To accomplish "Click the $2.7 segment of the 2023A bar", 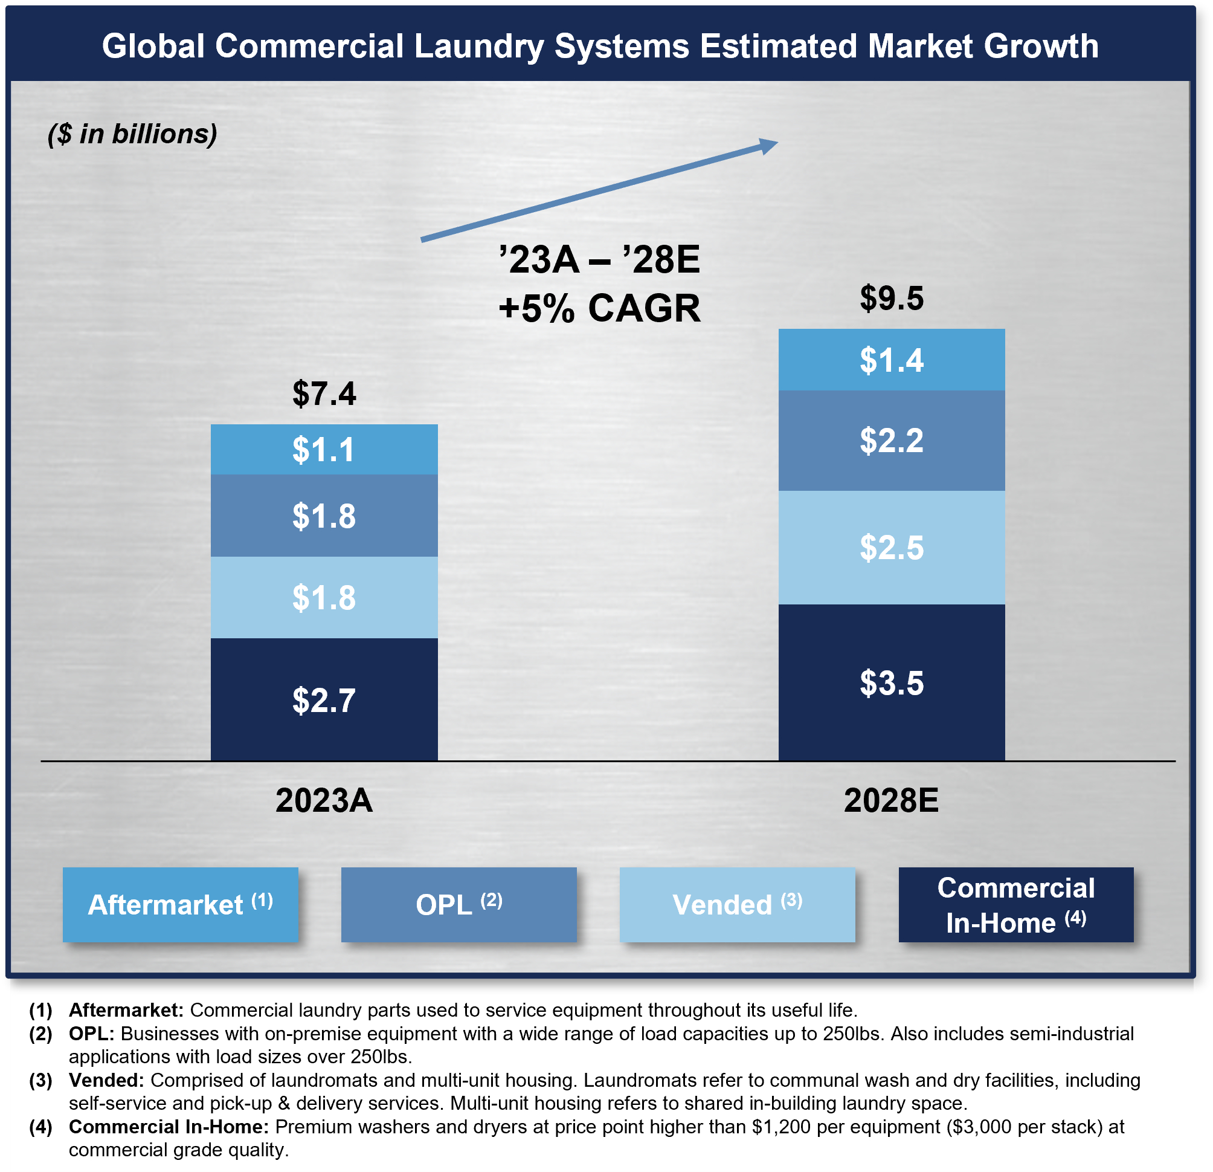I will click(324, 699).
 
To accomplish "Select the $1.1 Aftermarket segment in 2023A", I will click(324, 450).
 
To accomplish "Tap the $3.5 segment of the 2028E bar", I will click(891, 682).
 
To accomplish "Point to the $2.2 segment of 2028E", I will click(891, 441).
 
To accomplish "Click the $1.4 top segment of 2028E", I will click(891, 360).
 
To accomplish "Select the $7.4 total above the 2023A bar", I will click(324, 393).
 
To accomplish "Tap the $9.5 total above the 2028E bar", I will click(891, 299).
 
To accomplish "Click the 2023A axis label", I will click(324, 800).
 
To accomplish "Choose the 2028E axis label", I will click(891, 800).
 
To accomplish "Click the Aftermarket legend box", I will click(180, 905).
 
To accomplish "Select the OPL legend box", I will click(458, 905).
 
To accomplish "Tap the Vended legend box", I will click(737, 905).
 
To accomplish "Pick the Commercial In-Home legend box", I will click(1015, 905).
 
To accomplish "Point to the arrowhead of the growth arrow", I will click(768, 146).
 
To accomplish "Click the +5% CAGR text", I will click(599, 308).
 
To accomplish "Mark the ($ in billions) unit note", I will click(132, 134).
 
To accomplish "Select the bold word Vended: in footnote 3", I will click(106, 1080).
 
